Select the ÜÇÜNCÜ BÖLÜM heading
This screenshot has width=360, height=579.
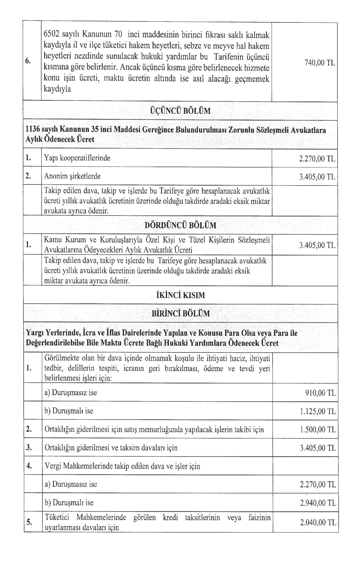click(180, 111)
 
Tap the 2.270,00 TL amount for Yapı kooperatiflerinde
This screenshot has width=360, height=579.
click(317, 159)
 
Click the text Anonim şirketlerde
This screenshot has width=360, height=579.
click(72, 176)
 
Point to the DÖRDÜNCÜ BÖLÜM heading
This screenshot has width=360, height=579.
click(180, 225)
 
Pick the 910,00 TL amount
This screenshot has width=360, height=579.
click(320, 393)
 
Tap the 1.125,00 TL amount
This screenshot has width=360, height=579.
click(318, 411)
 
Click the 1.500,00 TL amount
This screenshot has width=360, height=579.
click(318, 430)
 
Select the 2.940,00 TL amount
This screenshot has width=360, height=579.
click(318, 503)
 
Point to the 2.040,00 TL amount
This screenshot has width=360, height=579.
click(318, 522)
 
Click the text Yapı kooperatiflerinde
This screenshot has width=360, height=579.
click(77, 158)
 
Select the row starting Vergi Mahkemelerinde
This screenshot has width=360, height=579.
click(122, 466)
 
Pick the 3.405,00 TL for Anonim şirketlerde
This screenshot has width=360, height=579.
click(317, 177)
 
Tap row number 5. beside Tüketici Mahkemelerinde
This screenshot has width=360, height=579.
click(29, 522)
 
